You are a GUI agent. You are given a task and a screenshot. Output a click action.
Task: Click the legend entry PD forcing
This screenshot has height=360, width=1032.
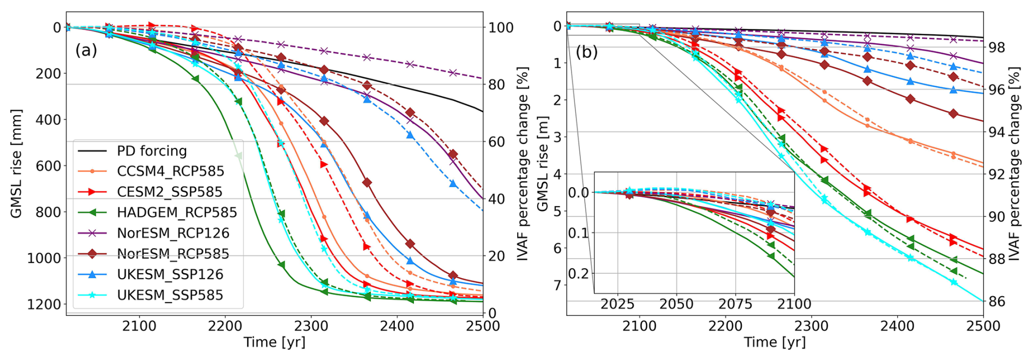152,151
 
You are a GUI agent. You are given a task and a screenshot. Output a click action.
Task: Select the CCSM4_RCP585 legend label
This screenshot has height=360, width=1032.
170,171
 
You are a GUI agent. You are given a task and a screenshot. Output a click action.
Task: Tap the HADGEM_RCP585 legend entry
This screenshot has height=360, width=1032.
177,212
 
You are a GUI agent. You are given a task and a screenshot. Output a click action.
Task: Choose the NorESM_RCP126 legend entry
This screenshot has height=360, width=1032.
173,233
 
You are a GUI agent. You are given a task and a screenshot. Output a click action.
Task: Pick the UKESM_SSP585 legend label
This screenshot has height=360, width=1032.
170,295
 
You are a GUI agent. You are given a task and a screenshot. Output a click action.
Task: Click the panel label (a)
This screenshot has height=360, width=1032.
86,50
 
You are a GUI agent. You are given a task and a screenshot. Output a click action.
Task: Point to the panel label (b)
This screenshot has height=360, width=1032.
587,52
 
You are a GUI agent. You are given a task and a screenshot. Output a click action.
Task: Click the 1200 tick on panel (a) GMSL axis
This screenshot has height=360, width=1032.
44,304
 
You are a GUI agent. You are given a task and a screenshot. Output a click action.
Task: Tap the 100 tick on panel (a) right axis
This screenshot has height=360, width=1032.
500,27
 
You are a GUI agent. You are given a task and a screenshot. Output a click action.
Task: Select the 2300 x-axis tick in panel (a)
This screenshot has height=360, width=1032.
311,326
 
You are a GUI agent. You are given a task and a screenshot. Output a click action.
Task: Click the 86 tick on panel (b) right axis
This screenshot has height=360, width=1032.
997,302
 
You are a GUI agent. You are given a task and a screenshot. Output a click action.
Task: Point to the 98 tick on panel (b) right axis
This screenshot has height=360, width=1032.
997,47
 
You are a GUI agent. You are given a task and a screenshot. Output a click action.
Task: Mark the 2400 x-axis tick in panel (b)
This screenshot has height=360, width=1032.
897,326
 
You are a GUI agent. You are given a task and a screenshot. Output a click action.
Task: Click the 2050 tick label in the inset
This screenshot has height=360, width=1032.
676,304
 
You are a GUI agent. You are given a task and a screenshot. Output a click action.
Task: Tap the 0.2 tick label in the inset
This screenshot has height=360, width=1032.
578,273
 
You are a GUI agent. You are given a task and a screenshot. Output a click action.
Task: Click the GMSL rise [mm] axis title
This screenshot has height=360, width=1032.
16,164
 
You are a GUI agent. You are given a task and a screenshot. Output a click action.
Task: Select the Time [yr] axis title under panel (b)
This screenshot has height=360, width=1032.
775,343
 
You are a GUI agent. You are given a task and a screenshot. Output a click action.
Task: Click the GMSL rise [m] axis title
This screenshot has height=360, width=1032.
542,164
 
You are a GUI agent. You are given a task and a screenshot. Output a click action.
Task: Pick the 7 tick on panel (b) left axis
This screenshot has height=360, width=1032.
557,285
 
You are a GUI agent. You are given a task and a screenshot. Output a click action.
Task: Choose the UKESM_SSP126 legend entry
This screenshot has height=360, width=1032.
170,274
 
